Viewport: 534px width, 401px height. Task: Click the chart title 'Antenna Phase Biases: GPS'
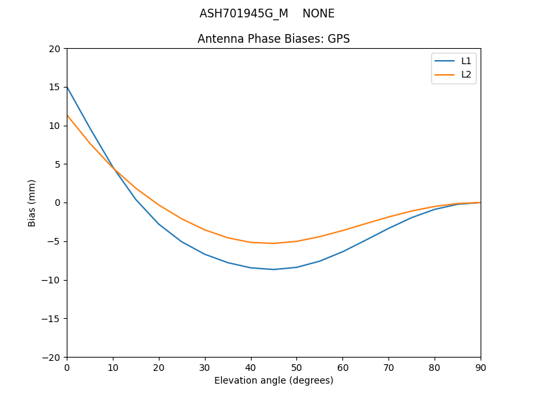274,39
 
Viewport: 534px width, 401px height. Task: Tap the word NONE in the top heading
318,13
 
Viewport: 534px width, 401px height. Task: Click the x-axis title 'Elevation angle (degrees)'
274,381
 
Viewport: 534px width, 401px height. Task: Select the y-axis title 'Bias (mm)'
32,203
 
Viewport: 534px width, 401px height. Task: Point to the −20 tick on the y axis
52,357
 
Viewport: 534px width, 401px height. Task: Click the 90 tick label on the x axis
481,368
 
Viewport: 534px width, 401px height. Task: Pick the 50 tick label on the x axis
296,368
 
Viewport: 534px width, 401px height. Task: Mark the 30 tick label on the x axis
205,368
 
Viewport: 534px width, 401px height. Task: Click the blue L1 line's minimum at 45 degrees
274,269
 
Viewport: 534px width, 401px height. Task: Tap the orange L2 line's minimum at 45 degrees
274,243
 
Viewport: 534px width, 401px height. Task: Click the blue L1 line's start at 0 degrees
67,87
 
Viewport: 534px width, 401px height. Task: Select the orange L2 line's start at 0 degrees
67,115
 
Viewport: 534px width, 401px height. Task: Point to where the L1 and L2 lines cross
113,168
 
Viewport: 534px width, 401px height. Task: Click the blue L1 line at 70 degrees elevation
388,229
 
